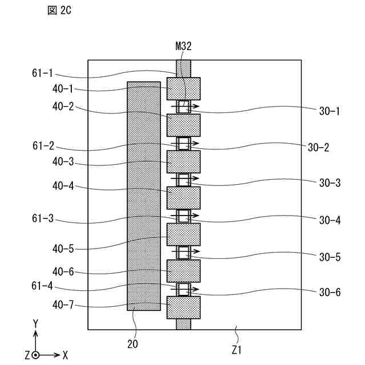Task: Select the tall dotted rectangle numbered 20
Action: pyautogui.click(x=143, y=196)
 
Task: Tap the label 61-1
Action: pyautogui.click(x=43, y=73)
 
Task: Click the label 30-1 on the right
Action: pyautogui.click(x=330, y=111)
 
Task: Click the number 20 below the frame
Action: pyautogui.click(x=132, y=344)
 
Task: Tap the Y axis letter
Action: pyautogui.click(x=35, y=323)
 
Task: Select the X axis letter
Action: pyautogui.click(x=65, y=355)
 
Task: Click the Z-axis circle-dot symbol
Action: pyautogui.click(x=35, y=355)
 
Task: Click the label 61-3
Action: pyautogui.click(x=43, y=218)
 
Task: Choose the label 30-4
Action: pyautogui.click(x=330, y=220)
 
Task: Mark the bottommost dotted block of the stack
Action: pyautogui.click(x=184, y=307)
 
